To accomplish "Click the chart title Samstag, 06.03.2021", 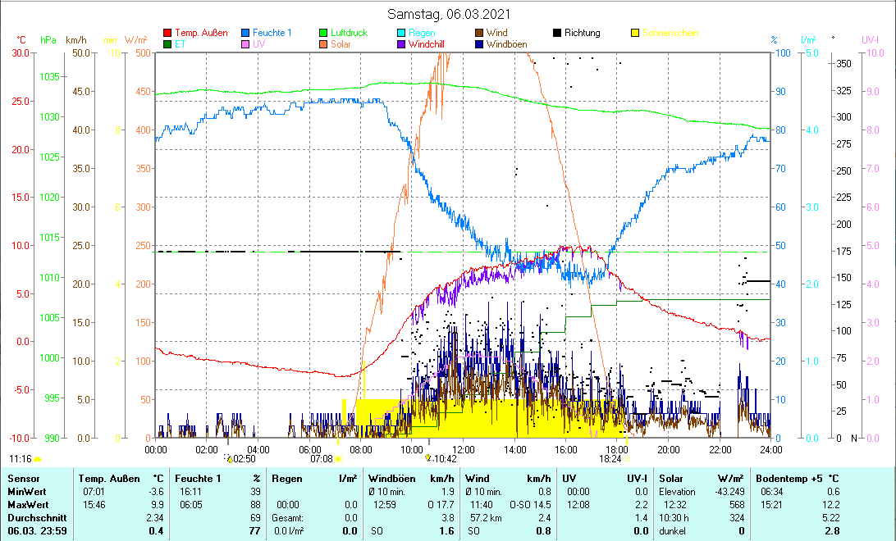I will (x=447, y=15).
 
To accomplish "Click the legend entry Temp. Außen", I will (x=201, y=33).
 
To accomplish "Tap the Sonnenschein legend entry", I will (x=670, y=33).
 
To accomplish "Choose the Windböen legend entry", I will (x=510, y=44).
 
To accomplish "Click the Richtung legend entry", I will (x=582, y=33).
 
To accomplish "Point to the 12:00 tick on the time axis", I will (x=464, y=449).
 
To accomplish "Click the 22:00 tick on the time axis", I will (x=720, y=449).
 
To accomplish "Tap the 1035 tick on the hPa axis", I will (x=51, y=76).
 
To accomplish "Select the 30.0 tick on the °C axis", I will (x=21, y=53).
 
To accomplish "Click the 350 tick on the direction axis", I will (x=842, y=64).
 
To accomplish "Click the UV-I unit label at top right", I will (x=871, y=40).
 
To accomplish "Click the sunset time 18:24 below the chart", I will (x=610, y=460).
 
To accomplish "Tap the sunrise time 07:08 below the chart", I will (x=321, y=460).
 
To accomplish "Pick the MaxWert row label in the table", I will (x=26, y=504).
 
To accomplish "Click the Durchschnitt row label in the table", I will (x=33, y=517).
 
